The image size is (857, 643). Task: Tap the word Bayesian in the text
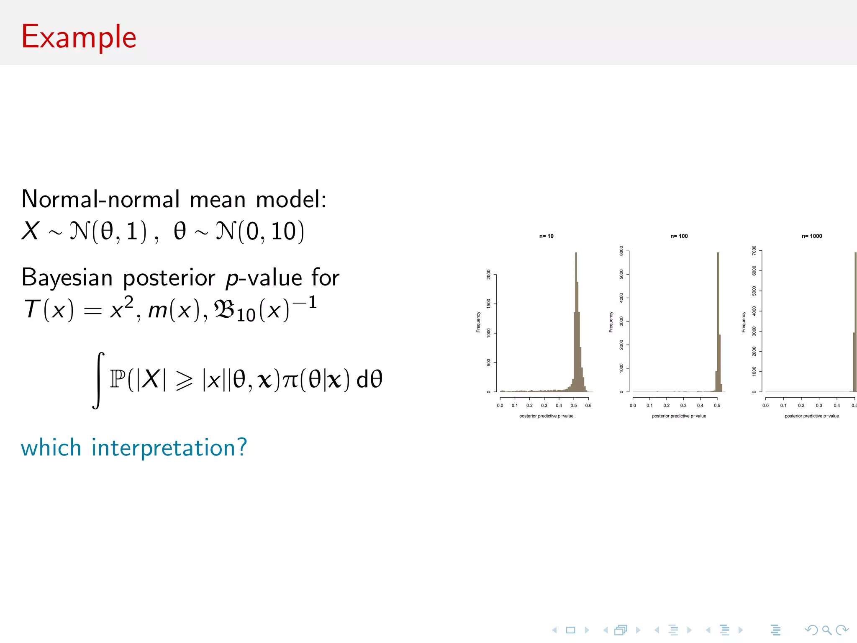tap(67, 278)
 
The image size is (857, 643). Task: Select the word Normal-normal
tap(100, 199)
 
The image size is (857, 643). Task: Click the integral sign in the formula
tap(98, 380)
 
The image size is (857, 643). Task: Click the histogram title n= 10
tap(546, 236)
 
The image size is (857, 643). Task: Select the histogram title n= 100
tap(679, 236)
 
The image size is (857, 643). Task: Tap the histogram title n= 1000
tap(811, 236)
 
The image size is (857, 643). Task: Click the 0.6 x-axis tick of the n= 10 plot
tap(588, 405)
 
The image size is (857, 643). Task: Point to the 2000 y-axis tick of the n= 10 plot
tap(489, 275)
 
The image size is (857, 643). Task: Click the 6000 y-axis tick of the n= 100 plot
tap(621, 251)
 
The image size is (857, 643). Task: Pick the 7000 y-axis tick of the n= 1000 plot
tap(754, 250)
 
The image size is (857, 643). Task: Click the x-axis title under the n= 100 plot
tap(679, 416)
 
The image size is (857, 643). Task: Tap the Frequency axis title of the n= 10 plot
tap(478, 322)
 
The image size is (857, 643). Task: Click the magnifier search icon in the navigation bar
tap(826, 630)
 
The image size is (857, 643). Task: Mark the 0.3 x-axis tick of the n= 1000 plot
tap(819, 405)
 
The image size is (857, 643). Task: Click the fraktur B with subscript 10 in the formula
tap(234, 311)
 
